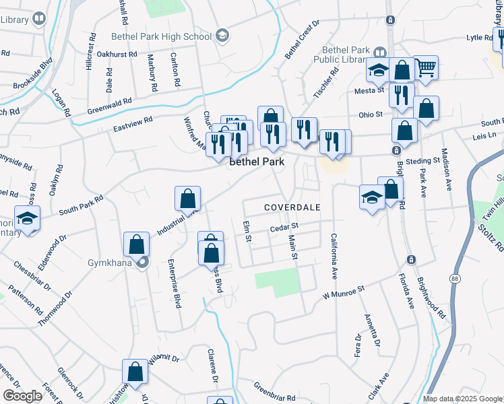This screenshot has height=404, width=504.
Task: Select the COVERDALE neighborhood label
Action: click(x=292, y=207)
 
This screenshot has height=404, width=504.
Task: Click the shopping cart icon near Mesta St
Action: click(x=425, y=67)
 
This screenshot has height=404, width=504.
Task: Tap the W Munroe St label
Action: click(x=342, y=292)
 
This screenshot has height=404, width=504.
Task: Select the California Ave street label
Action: click(x=333, y=256)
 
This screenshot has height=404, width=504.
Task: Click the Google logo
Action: click(x=22, y=395)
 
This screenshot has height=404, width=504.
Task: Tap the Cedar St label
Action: click(x=284, y=229)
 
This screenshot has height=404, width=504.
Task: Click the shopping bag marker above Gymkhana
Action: click(x=137, y=244)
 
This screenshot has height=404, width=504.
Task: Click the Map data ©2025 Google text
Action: click(x=462, y=399)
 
